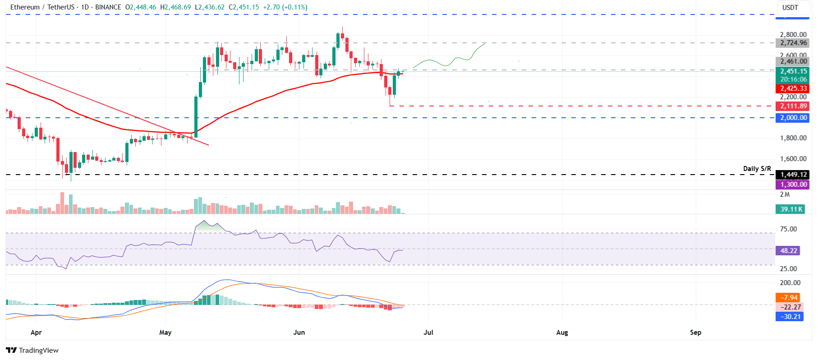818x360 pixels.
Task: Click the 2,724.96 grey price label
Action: (792, 43)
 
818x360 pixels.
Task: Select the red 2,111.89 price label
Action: (792, 106)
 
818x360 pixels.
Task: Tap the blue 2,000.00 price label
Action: (792, 118)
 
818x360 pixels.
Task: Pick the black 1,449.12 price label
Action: (792, 175)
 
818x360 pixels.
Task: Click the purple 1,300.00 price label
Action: (792, 185)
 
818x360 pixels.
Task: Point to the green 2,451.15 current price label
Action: (792, 71)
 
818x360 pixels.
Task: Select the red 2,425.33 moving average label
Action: (792, 88)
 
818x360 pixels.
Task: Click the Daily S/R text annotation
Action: (757, 169)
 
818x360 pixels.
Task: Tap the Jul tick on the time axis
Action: (428, 332)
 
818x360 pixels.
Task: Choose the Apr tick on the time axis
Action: (36, 332)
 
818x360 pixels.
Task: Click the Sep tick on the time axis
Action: (695, 332)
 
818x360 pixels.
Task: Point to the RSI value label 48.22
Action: (788, 251)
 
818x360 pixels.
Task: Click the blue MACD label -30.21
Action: (789, 317)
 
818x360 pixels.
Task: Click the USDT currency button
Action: (790, 7)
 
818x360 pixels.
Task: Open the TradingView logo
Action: (32, 350)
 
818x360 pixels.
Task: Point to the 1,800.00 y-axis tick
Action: (793, 138)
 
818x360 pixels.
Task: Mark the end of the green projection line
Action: (486, 43)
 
